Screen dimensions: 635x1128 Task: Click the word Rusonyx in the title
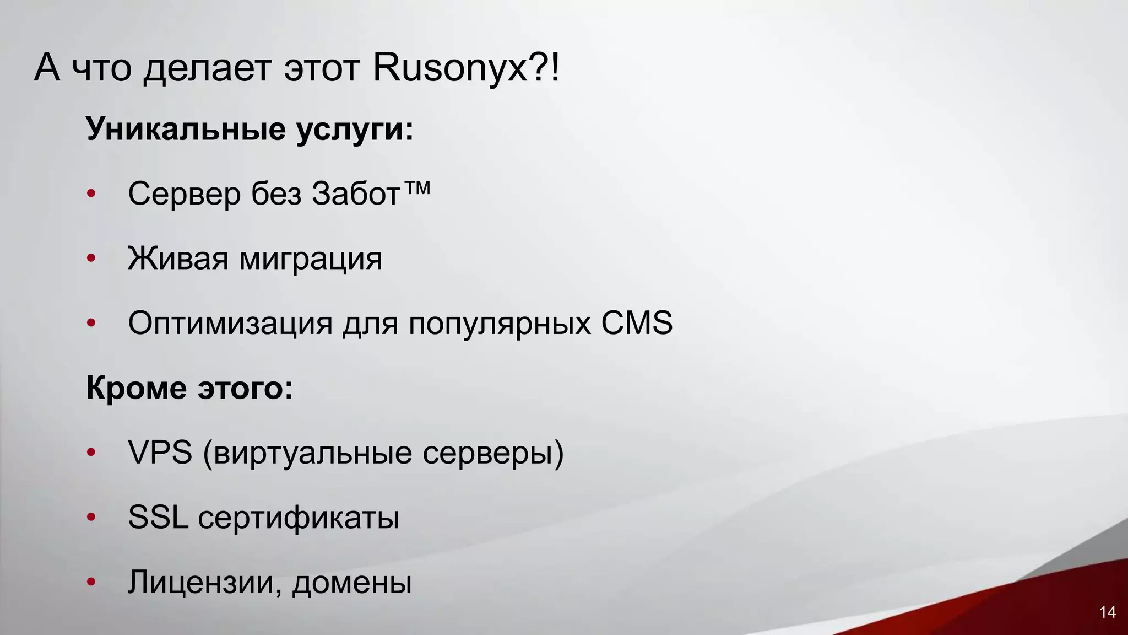click(x=450, y=69)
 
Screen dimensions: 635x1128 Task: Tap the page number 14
click(x=1107, y=612)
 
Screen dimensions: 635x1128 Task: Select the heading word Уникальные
click(x=186, y=129)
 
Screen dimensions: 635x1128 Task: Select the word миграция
click(x=311, y=259)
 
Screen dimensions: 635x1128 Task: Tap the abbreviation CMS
click(x=637, y=323)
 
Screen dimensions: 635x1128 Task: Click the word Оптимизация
click(x=230, y=324)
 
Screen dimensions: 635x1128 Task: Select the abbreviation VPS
click(x=160, y=453)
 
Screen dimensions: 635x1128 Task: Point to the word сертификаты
click(x=299, y=519)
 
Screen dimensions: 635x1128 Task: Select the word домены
click(x=352, y=583)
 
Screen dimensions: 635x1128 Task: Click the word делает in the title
click(x=208, y=69)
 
